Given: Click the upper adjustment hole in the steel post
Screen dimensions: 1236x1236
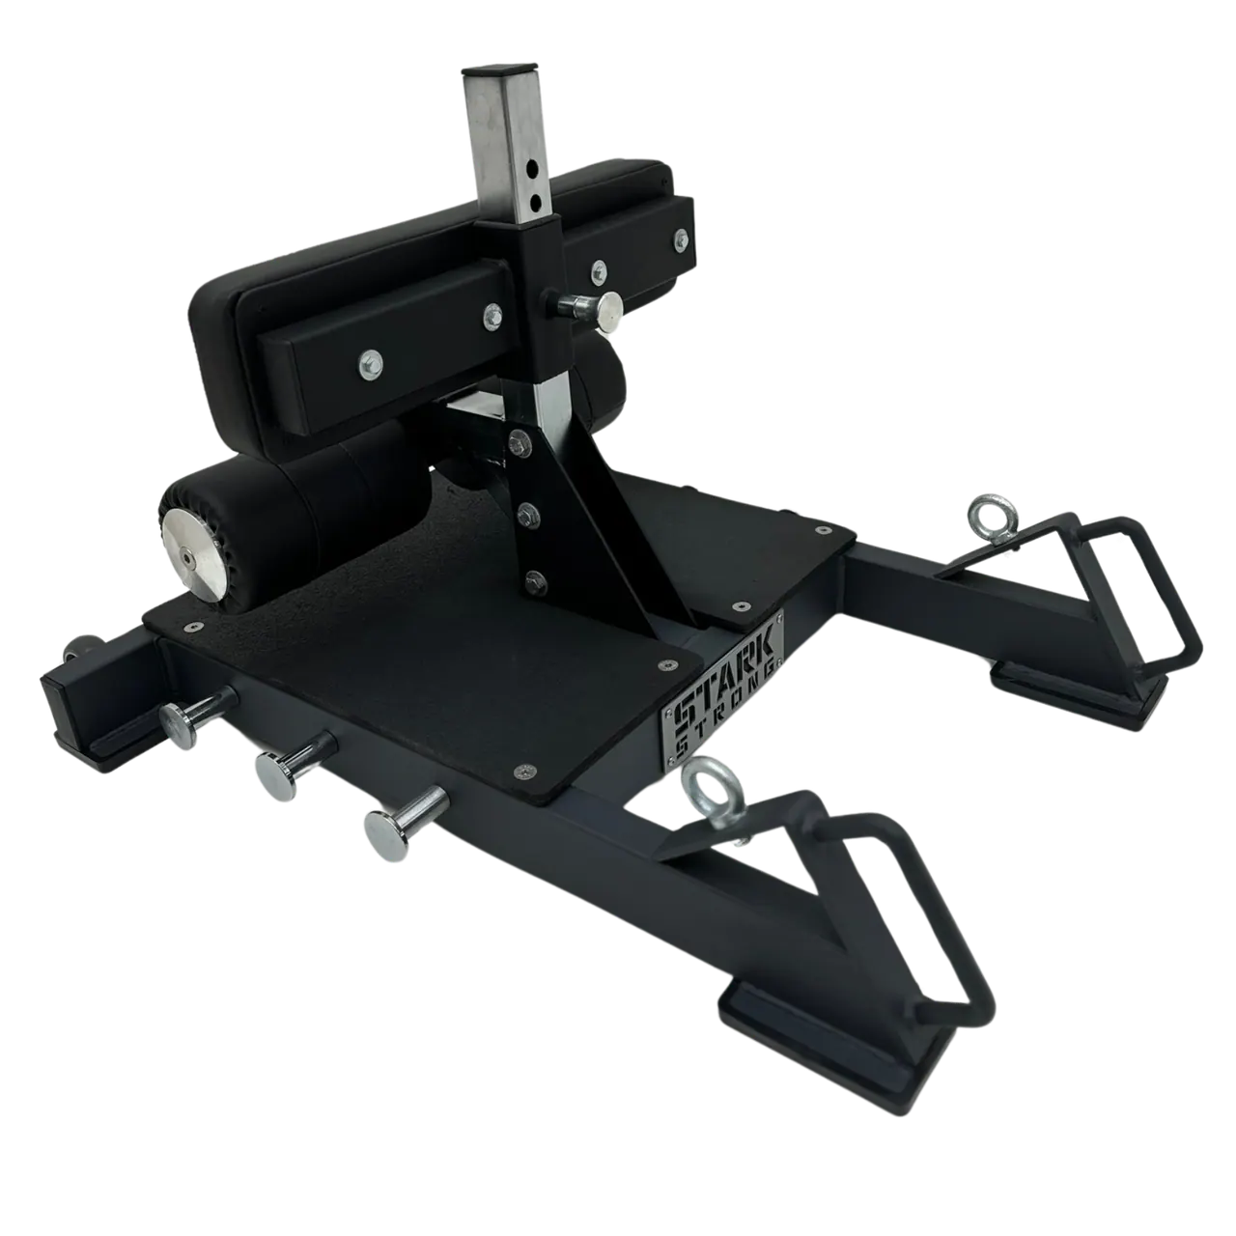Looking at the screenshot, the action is [532, 168].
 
